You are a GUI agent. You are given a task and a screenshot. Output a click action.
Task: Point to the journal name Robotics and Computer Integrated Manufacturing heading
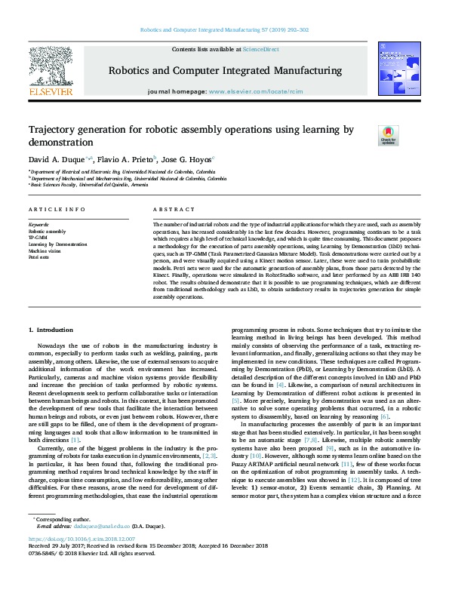point(223,69)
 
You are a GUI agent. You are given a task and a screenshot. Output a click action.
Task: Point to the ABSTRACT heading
point(174,209)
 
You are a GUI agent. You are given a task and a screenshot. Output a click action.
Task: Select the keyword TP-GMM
point(38,238)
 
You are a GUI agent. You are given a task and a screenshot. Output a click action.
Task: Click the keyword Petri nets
point(38,257)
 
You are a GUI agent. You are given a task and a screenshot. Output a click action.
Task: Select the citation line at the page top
point(223,31)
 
